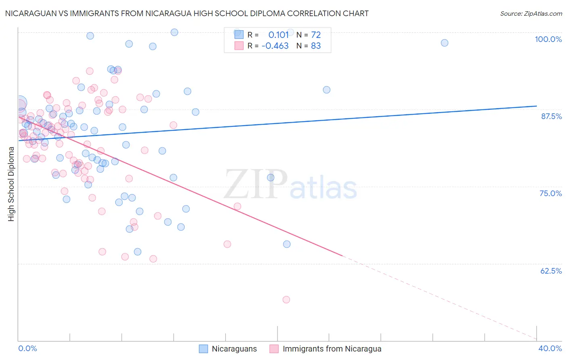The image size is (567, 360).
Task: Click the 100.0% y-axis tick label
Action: tap(548, 39)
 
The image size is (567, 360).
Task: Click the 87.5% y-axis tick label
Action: tap(551, 116)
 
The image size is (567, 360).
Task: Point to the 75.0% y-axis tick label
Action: tap(550, 193)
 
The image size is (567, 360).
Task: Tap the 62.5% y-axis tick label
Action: tap(551, 271)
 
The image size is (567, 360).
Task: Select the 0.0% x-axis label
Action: tap(27, 348)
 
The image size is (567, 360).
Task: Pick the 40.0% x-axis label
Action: tap(550, 348)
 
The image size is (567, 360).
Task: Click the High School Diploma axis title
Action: tap(11, 184)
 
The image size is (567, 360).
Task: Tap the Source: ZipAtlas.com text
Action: tap(531, 13)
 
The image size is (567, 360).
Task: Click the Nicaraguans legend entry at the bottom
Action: tap(228, 349)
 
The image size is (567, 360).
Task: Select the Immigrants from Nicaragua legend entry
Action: tap(326, 349)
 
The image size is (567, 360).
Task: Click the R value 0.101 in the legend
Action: tap(279, 35)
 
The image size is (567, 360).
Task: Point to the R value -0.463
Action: tap(275, 46)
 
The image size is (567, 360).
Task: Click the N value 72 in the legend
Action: tap(316, 35)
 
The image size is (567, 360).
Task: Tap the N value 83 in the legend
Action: tap(316, 46)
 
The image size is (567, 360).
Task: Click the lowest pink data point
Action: tap(286, 299)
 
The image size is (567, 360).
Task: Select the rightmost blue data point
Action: tap(444, 43)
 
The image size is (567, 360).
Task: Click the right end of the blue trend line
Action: tap(536, 106)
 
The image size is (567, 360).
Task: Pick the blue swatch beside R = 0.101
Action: tap(239, 35)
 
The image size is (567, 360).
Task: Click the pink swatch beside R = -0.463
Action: tap(239, 46)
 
